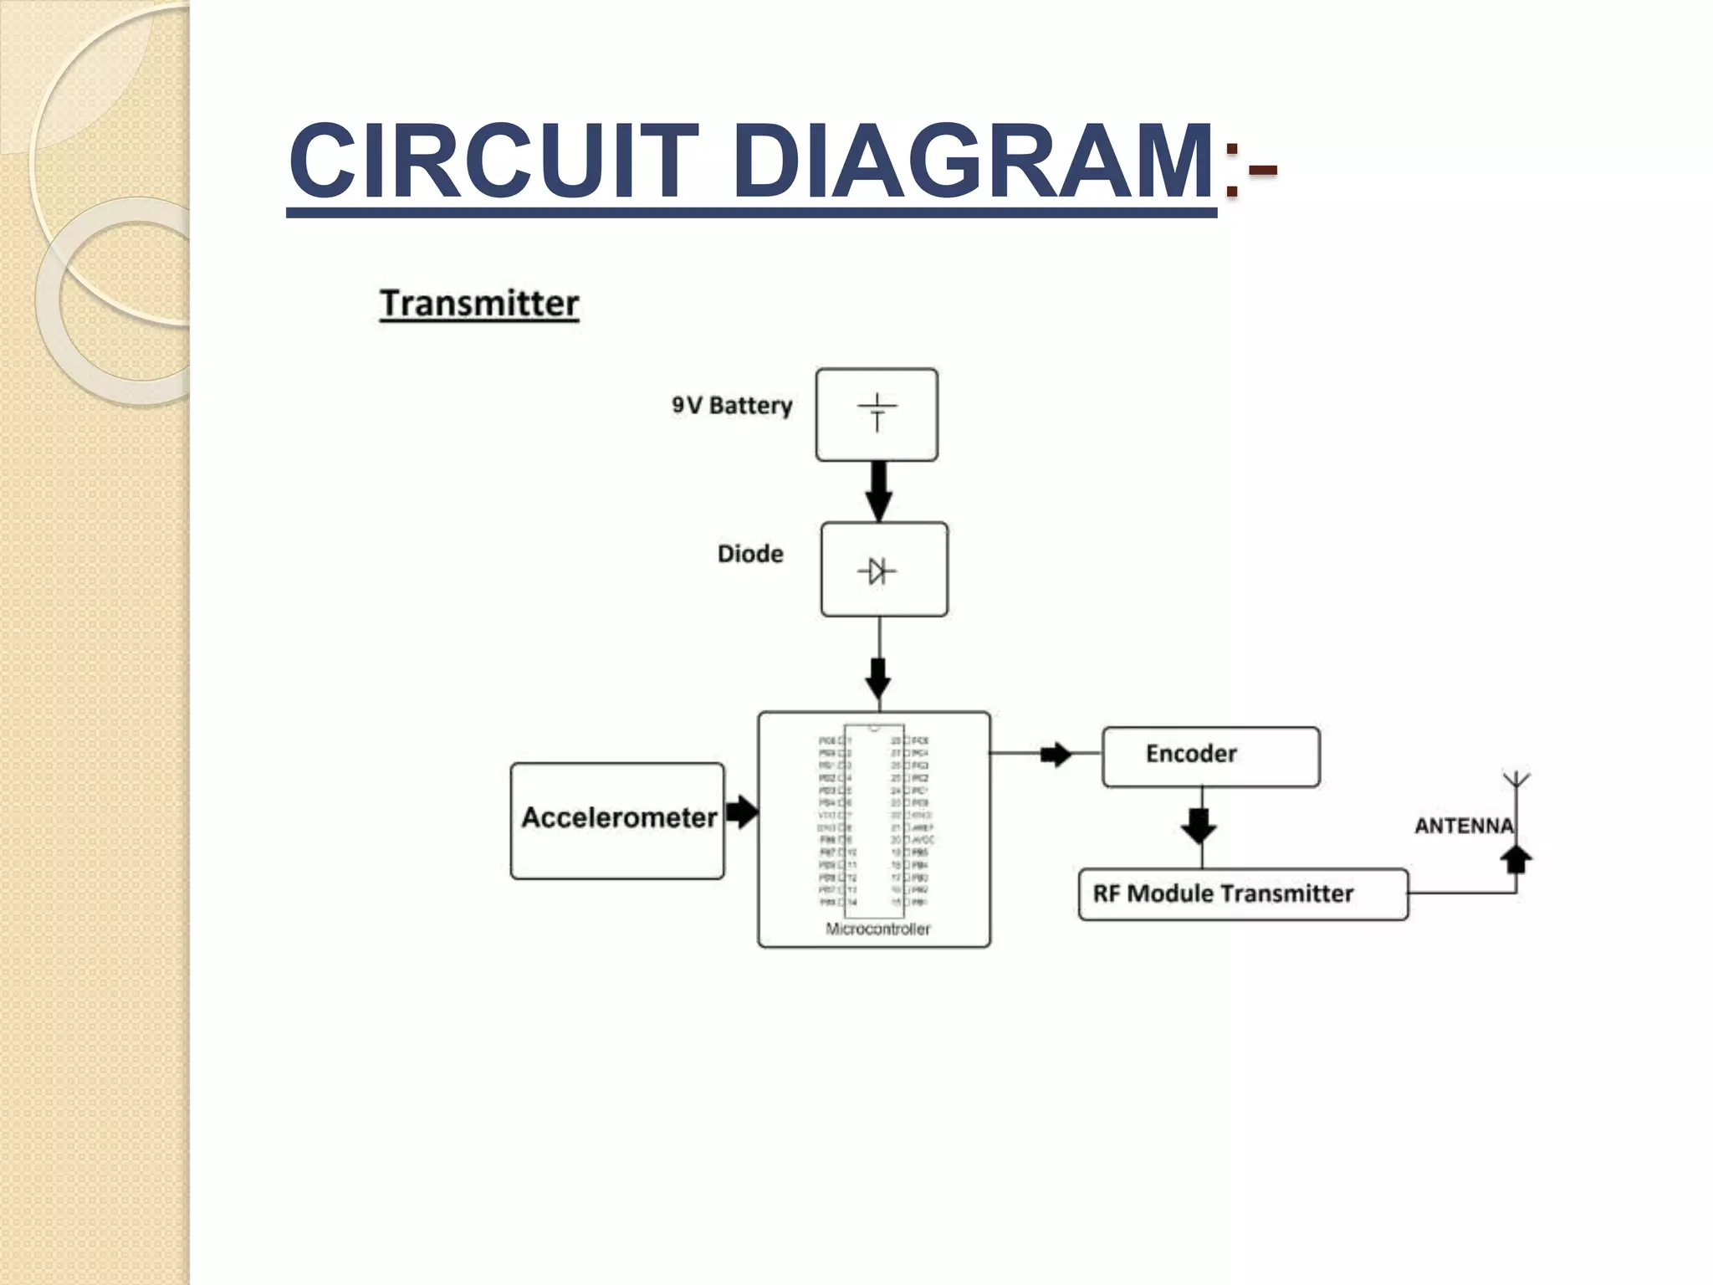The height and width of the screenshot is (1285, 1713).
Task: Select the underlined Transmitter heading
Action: [479, 303]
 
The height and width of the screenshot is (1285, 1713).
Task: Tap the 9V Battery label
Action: [732, 406]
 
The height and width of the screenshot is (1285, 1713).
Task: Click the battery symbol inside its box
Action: [877, 412]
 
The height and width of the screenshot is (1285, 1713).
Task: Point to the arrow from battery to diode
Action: [878, 492]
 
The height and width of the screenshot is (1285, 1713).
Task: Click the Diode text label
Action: [750, 554]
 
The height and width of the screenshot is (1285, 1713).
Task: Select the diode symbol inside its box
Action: [877, 571]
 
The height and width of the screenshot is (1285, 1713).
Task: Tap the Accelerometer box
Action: [618, 820]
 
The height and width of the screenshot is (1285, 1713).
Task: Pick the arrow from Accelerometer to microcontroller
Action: [741, 811]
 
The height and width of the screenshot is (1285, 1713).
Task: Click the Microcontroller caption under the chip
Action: [877, 929]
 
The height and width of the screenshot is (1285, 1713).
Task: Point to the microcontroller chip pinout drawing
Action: [874, 820]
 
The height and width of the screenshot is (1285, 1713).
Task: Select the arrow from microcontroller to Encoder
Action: [1055, 754]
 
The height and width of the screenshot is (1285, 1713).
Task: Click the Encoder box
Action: [1210, 756]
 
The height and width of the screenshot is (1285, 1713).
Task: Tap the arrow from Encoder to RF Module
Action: [1199, 826]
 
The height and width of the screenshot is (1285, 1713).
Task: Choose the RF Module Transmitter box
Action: [1243, 894]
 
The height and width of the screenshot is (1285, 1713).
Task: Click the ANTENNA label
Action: [1463, 826]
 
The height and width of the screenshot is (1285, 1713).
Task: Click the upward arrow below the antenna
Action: [1516, 859]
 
